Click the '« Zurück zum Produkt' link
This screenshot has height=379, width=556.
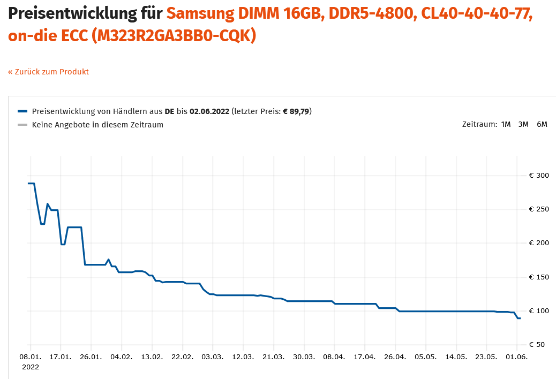tap(48, 72)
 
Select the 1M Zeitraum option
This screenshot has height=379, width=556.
tap(506, 124)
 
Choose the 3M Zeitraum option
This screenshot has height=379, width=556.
tap(523, 124)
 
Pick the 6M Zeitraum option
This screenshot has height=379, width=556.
tap(542, 124)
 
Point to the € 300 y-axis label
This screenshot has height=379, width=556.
tap(539, 176)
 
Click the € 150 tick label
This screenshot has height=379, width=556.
tap(539, 277)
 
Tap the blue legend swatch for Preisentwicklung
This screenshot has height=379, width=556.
tap(22, 111)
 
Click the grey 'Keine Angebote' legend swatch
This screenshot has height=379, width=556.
tap(22, 125)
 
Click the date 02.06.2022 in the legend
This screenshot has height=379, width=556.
tap(209, 111)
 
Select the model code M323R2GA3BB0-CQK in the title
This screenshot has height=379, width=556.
tap(174, 36)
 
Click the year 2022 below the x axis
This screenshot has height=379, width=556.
tap(30, 367)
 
